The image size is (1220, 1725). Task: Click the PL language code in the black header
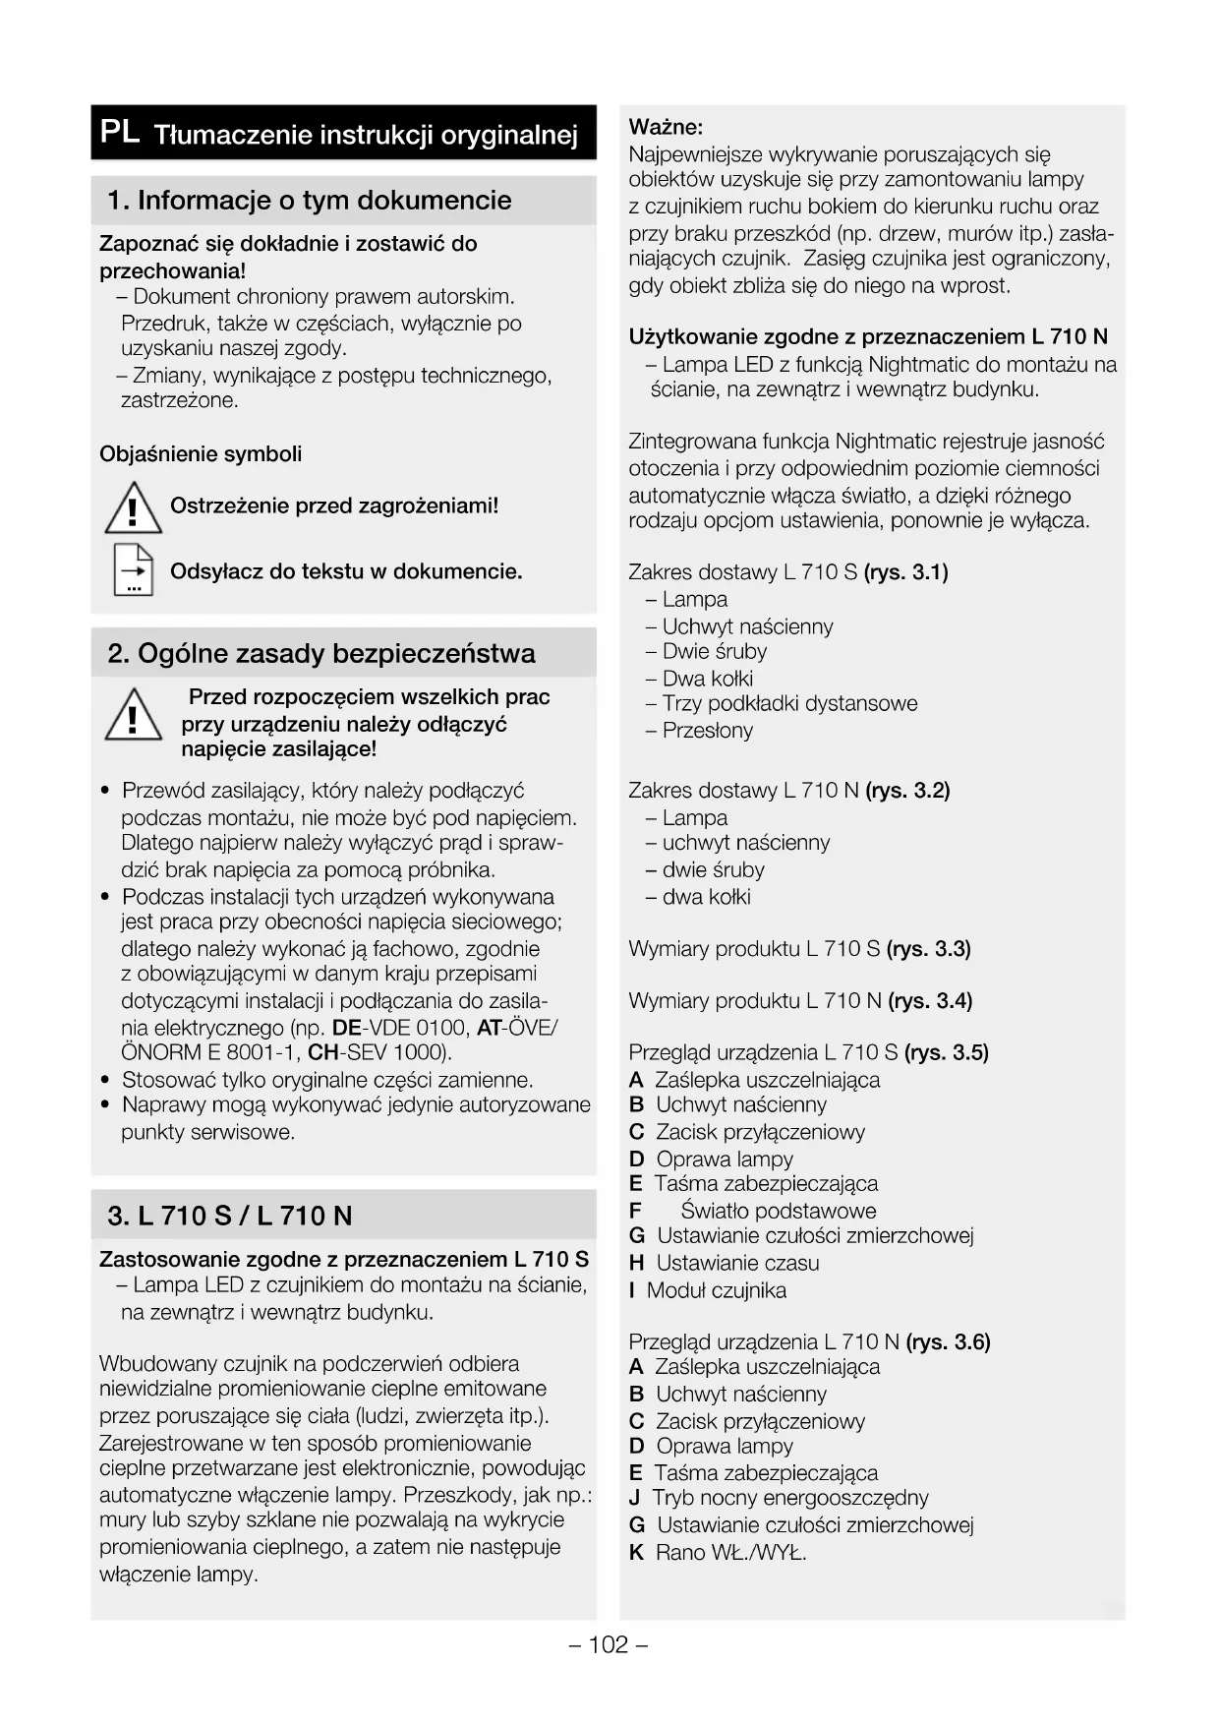120,132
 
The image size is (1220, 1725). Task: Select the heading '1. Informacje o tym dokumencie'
310,201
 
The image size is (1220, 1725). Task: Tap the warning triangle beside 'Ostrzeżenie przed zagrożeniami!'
133,509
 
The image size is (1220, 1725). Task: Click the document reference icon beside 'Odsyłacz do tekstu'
133,570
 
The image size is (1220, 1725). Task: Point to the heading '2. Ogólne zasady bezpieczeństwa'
321,654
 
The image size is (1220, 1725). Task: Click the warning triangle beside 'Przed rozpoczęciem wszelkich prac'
133,716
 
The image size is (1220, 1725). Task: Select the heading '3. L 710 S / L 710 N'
229,1217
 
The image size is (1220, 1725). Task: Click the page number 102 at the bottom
609,1644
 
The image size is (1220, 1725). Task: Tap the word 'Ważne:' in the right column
666,127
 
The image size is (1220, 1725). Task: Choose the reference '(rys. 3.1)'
905,572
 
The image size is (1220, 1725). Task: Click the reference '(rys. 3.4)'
930,1001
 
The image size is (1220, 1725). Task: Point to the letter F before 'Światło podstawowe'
635,1211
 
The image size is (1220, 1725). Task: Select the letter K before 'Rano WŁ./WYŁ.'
636,1553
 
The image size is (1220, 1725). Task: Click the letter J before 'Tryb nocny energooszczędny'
634,1498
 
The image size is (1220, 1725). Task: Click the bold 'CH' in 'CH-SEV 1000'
323,1052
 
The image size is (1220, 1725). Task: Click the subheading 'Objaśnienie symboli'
201,454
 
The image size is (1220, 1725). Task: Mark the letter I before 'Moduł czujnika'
633,1290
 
